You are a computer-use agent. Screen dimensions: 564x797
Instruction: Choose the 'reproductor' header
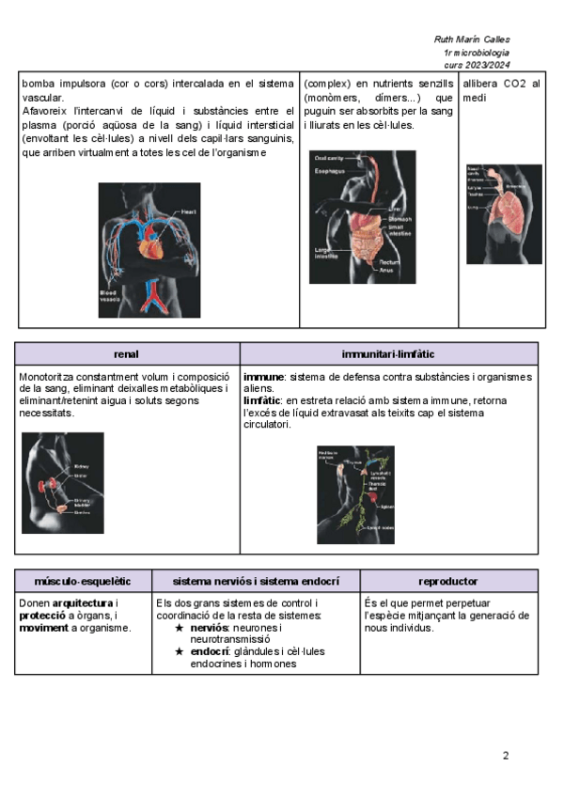point(448,582)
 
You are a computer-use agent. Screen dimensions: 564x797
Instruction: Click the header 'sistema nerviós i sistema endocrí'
point(257,582)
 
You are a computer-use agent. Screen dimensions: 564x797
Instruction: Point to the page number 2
point(506,755)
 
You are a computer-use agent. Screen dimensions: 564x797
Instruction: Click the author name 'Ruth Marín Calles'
point(472,40)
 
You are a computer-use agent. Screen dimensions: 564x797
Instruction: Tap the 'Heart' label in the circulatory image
point(188,212)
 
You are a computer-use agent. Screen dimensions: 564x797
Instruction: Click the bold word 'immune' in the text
point(262,377)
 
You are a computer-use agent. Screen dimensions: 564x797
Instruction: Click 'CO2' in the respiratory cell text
point(515,84)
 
